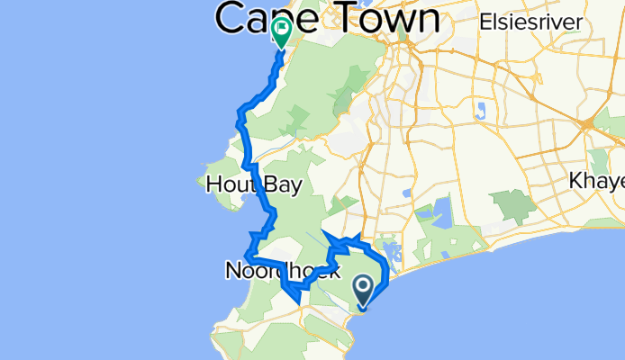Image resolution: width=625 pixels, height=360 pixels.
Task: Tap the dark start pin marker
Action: pos(363,290)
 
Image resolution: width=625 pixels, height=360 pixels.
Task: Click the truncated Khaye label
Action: pos(596,181)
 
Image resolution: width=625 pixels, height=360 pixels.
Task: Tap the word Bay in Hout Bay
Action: pos(278,184)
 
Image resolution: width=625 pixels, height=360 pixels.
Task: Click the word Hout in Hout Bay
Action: pos(228,184)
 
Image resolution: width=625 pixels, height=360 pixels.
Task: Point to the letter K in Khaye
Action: pos(576,181)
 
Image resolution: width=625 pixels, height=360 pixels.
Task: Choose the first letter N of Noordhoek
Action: pos(232,270)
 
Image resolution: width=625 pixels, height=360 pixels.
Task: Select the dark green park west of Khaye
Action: pos(515,206)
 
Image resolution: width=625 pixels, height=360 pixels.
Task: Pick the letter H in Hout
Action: pos(213,184)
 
